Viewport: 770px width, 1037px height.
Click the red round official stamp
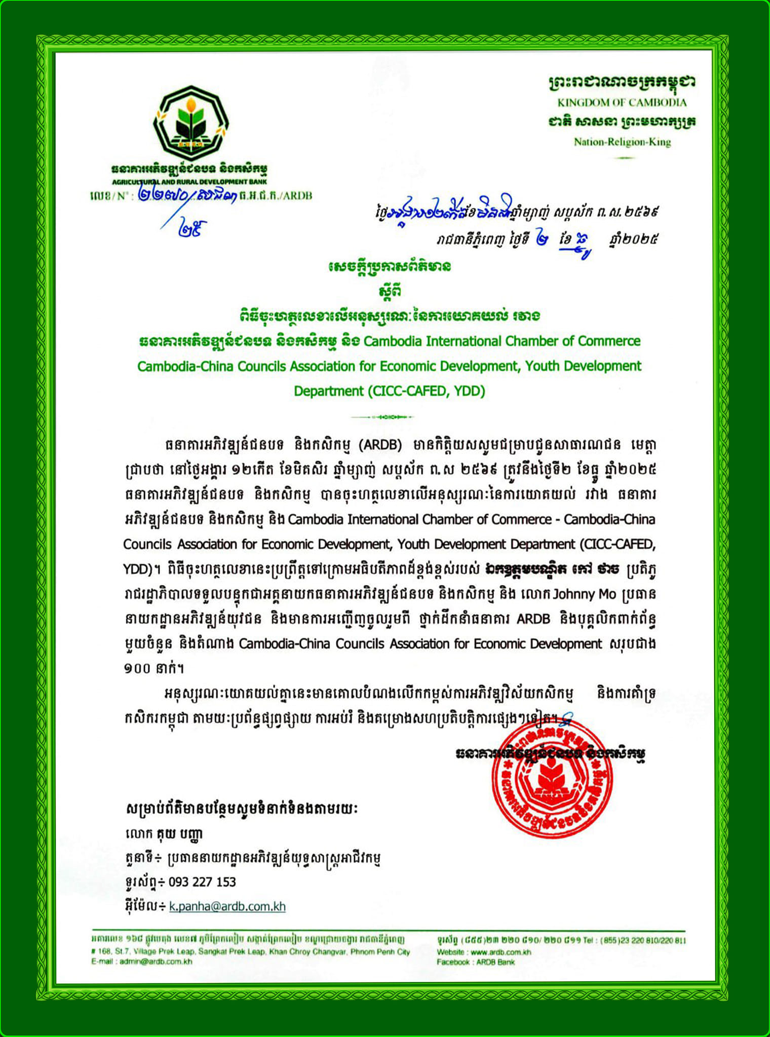coord(552,780)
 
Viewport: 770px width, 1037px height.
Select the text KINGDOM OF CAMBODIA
coord(622,102)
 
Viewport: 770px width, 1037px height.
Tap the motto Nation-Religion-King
coord(622,142)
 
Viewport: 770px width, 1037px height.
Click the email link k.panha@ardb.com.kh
coord(227,906)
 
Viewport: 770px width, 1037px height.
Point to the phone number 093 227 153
coord(202,882)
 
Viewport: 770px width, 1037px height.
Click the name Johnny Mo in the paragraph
coord(584,593)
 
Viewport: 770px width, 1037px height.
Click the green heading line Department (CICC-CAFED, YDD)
coord(389,391)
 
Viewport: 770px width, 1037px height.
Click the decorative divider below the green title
coord(383,417)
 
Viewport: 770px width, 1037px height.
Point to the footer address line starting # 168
coord(251,952)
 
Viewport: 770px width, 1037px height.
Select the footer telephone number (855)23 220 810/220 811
coord(643,941)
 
